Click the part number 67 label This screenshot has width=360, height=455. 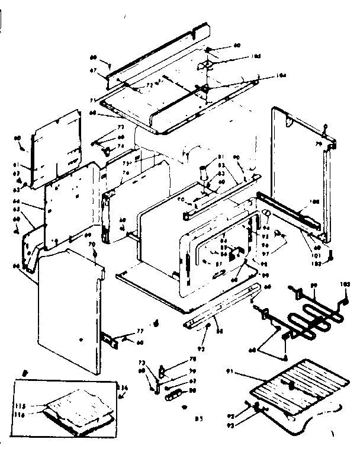[93, 69]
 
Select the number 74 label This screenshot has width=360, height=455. [120, 145]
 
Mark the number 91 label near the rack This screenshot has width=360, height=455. [231, 371]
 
